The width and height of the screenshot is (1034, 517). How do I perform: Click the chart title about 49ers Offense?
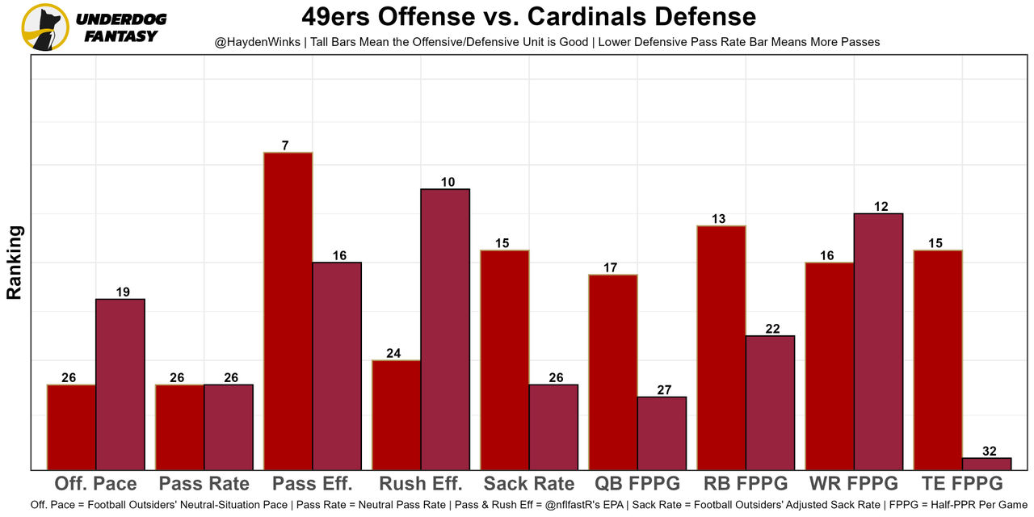(x=529, y=16)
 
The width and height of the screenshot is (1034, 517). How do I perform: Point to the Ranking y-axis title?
(x=15, y=263)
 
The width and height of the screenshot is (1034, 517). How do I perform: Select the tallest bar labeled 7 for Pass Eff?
(x=288, y=311)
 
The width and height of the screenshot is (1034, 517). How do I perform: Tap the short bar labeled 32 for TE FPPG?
(x=986, y=464)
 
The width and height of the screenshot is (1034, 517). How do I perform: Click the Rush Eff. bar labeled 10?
(x=445, y=329)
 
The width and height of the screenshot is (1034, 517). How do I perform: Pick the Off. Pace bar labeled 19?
(x=120, y=384)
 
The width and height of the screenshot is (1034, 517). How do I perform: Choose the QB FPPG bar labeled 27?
(x=662, y=433)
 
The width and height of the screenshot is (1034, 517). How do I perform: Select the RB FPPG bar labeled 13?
(x=721, y=347)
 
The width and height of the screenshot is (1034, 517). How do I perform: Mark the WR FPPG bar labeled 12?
(x=878, y=341)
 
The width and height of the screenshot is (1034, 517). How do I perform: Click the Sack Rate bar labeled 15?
(x=505, y=359)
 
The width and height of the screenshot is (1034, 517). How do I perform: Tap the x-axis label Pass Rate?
(x=204, y=484)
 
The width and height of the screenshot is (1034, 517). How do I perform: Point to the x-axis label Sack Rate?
(x=529, y=484)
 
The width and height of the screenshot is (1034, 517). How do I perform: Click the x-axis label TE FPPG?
(x=961, y=484)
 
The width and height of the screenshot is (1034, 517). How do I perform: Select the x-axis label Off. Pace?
(x=95, y=484)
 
